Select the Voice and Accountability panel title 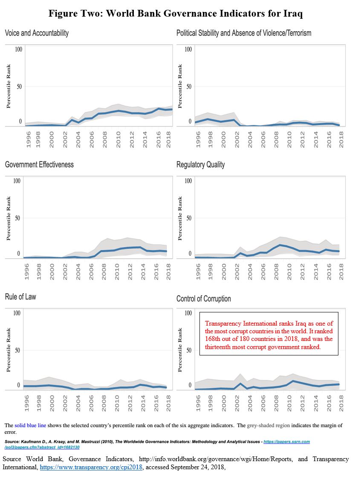pyautogui.click(x=37, y=33)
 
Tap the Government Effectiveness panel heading pyautogui.click(x=39, y=165)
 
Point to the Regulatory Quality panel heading pyautogui.click(x=201, y=165)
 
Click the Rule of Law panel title pyautogui.click(x=20, y=297)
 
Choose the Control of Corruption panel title pyautogui.click(x=204, y=299)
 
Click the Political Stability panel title pyautogui.click(x=244, y=33)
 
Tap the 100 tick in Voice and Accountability pyautogui.click(x=18, y=49)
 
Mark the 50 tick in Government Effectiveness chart pyautogui.click(x=18, y=218)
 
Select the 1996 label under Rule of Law pyautogui.click(x=27, y=403)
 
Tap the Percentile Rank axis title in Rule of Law pyautogui.click(x=9, y=350)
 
